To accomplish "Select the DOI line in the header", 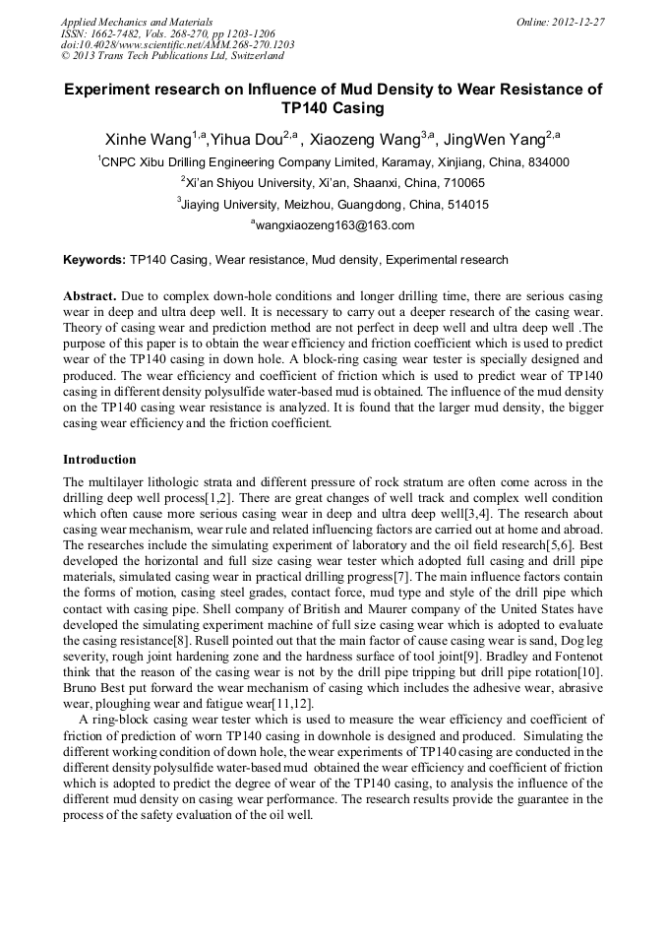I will (x=177, y=44).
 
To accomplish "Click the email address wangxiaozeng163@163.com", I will (x=335, y=225).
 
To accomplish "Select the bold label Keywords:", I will (x=94, y=260).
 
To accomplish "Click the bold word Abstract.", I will (x=91, y=296).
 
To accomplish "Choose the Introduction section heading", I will (x=99, y=459).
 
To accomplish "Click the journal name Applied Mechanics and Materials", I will (x=136, y=21).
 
